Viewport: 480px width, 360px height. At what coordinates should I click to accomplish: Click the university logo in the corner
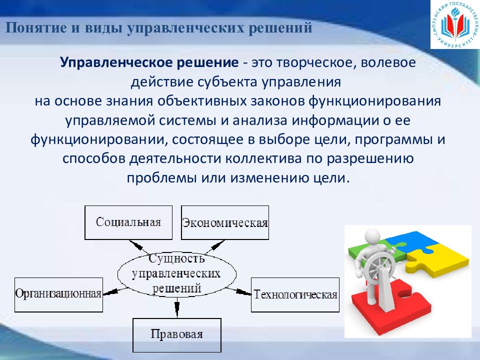click(455, 24)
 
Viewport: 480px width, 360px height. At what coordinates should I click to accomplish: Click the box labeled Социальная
click(128, 222)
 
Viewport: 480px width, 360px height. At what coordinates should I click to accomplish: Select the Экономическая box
click(225, 222)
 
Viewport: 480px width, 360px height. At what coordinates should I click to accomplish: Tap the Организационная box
click(58, 295)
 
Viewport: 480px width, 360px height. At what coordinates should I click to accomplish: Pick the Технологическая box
click(295, 295)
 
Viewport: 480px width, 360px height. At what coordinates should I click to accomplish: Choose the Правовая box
click(177, 335)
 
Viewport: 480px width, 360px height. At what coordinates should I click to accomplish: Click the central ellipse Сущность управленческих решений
click(177, 274)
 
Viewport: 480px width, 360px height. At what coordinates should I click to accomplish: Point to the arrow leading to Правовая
click(176, 307)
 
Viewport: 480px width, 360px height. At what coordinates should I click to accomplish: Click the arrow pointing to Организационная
click(115, 291)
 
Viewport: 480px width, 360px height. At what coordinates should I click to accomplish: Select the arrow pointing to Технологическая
click(239, 291)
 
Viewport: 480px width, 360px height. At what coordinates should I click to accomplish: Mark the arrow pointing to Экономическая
click(215, 246)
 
